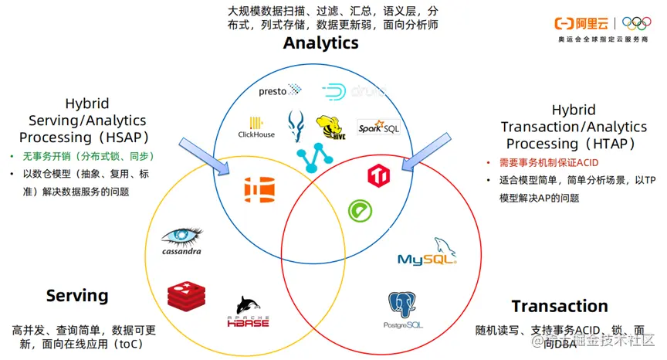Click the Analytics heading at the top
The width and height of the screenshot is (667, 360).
(320, 42)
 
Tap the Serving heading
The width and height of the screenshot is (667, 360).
(77, 295)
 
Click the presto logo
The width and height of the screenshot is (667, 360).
(280, 90)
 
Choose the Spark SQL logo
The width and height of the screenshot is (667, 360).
(378, 128)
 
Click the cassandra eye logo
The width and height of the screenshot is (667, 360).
(183, 239)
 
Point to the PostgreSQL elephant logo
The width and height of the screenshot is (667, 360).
(403, 310)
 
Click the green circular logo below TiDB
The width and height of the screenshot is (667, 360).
(358, 209)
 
